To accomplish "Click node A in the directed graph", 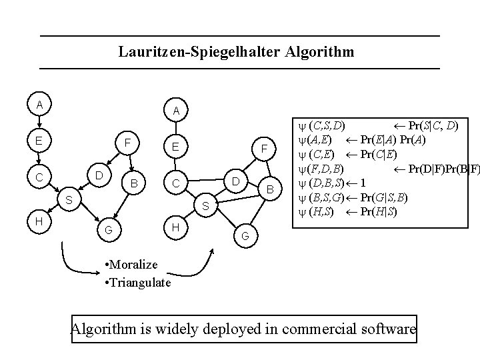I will (x=40, y=105).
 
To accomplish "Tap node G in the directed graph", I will (x=108, y=231).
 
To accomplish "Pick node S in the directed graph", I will (x=70, y=199).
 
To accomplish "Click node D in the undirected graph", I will (x=235, y=181).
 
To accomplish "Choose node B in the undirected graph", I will (x=270, y=190).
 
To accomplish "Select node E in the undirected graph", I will (x=174, y=146).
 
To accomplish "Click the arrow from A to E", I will (x=40, y=123).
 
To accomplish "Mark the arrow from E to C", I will (x=40, y=160).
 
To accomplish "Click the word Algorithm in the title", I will (x=319, y=51).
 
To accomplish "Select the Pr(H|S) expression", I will (x=379, y=212).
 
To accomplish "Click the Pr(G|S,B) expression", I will (x=385, y=197).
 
